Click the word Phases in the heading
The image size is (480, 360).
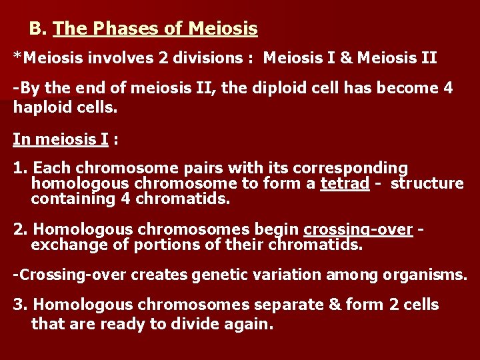click(x=119, y=29)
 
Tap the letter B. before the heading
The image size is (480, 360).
click(x=38, y=29)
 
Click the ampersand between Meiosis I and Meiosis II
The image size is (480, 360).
click(x=346, y=58)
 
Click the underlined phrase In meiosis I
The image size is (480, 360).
click(x=60, y=139)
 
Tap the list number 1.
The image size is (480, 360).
click(x=20, y=167)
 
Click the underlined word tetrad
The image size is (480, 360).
click(x=345, y=183)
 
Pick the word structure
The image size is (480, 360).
click(x=427, y=183)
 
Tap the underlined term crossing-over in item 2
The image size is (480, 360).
click(x=358, y=229)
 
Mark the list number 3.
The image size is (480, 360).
click(x=20, y=305)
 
